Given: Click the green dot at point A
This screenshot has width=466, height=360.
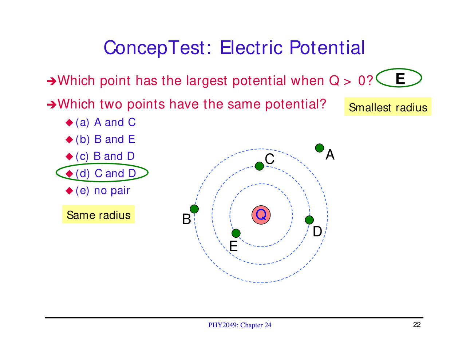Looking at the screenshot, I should tap(319, 148).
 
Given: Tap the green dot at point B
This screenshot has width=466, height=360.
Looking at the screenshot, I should tap(194, 209).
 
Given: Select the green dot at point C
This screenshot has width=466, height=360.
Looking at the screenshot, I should tap(259, 166).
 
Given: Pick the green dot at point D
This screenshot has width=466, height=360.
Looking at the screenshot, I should tap(309, 220).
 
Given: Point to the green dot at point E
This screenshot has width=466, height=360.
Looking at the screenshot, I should tap(236, 233).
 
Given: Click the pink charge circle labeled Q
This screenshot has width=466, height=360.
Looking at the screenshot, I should tap(261, 215).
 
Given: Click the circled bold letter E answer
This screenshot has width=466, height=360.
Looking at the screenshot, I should tap(400, 79).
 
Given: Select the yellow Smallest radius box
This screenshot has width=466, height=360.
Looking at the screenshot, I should tap(388, 107).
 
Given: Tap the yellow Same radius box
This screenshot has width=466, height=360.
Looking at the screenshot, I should tap(98, 215).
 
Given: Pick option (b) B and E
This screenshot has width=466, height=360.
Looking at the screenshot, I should tap(105, 139).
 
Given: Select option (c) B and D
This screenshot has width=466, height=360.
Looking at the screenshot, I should tap(105, 156).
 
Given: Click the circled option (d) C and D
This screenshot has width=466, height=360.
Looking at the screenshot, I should tap(106, 173).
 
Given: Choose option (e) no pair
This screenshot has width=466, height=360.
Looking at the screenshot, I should tap(103, 190).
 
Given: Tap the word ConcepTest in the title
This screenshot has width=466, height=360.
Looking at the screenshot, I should tap(155, 48).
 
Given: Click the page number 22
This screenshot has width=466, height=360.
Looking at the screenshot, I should tap(417, 325).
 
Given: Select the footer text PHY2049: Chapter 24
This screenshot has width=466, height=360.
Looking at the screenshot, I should tap(240, 325).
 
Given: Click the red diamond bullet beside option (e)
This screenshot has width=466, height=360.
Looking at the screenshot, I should tap(70, 190).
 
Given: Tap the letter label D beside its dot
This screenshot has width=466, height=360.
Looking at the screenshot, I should tap(317, 232).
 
